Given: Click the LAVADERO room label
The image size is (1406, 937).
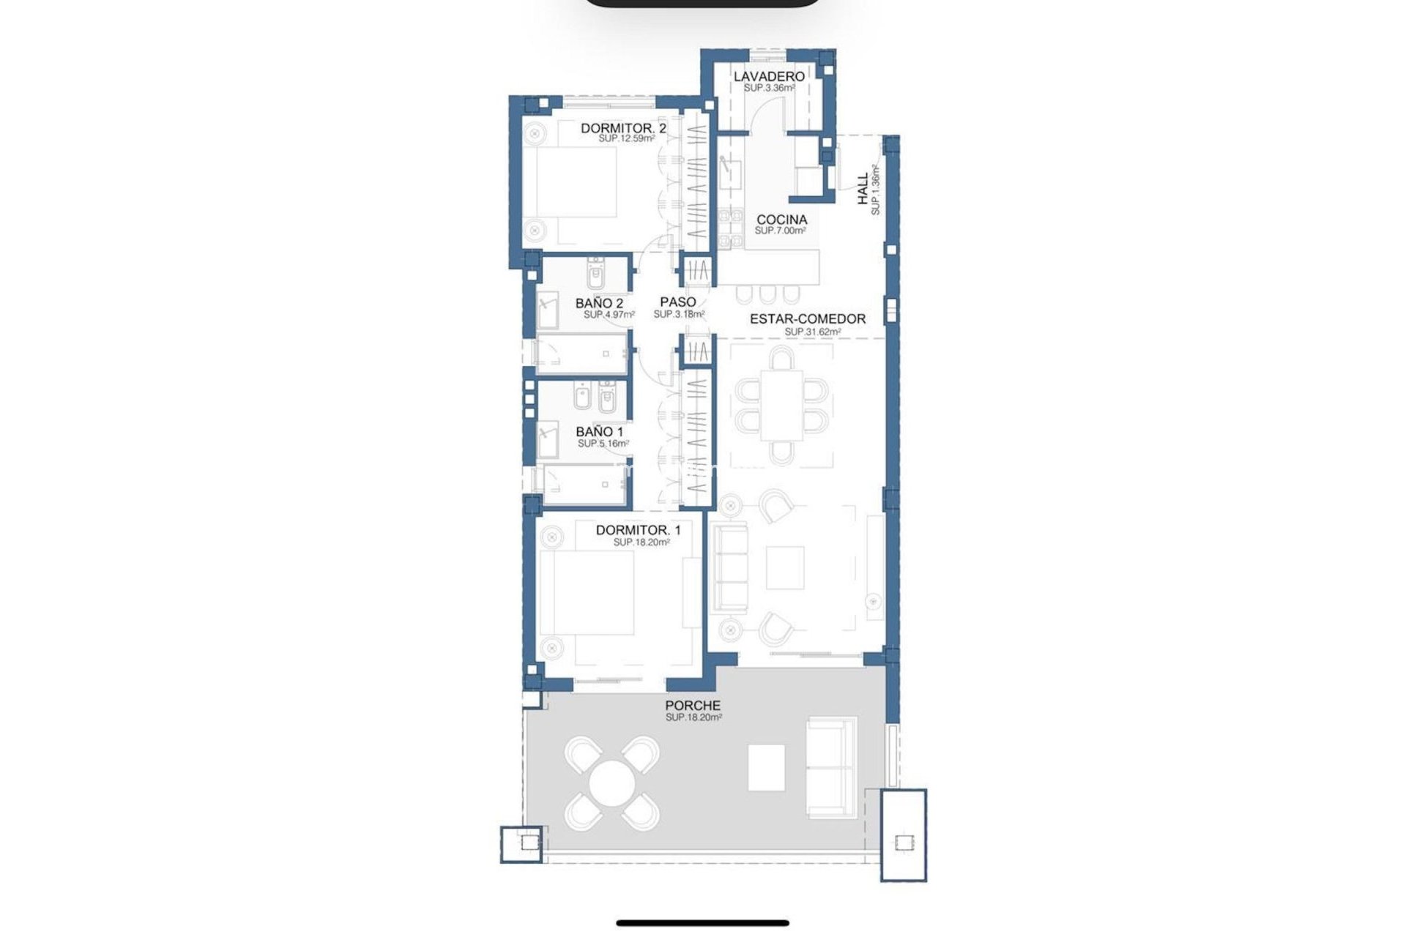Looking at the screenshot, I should click(x=769, y=76).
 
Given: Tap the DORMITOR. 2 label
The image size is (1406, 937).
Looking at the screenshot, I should click(x=623, y=128).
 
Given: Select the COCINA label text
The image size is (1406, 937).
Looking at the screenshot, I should click(x=781, y=220).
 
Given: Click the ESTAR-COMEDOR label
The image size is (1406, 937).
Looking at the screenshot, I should click(x=807, y=319).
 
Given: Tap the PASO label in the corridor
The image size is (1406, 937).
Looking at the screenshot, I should click(x=677, y=302).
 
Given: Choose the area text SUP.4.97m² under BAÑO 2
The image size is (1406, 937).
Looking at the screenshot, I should click(x=609, y=315).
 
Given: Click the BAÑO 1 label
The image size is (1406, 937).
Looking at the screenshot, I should click(x=599, y=432).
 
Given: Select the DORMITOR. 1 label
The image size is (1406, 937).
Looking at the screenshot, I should click(x=638, y=530).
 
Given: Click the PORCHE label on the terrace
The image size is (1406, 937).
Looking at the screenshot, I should click(x=693, y=706).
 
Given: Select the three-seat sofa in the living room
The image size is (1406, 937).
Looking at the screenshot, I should click(x=730, y=567).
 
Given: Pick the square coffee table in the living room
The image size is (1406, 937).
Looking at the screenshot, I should click(x=785, y=568).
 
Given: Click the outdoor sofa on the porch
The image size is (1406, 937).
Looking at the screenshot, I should click(x=831, y=767).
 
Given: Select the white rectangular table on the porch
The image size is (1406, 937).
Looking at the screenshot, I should click(x=766, y=767).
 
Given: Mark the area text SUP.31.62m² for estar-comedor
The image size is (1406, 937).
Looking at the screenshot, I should click(x=812, y=332).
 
